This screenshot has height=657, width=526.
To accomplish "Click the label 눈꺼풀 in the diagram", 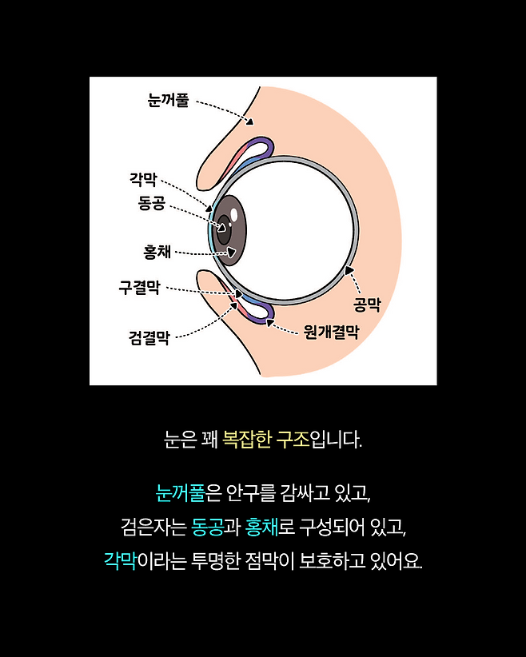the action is (168, 101).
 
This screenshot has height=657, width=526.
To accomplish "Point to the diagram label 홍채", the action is (156, 252).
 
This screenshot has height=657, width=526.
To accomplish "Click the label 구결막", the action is (139, 287).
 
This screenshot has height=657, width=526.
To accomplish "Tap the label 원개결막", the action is (330, 332).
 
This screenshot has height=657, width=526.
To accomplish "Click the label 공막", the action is (367, 305).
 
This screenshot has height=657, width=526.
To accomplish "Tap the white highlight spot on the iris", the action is (234, 215).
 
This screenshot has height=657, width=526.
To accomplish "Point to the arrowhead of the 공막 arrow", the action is (349, 271).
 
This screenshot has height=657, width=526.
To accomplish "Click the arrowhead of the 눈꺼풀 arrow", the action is (249, 122).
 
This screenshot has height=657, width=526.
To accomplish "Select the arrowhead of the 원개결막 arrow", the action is (269, 322).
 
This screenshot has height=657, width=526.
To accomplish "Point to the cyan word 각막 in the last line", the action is (121, 560).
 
